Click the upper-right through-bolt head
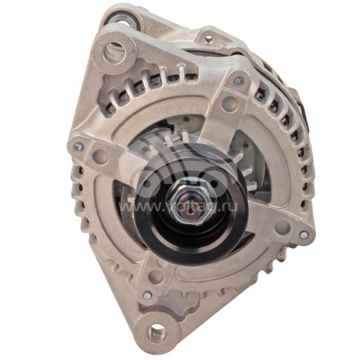coord(238,81)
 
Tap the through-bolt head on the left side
coord(79,146)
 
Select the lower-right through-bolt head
coord(304,235)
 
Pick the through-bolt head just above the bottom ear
coord(147,294)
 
